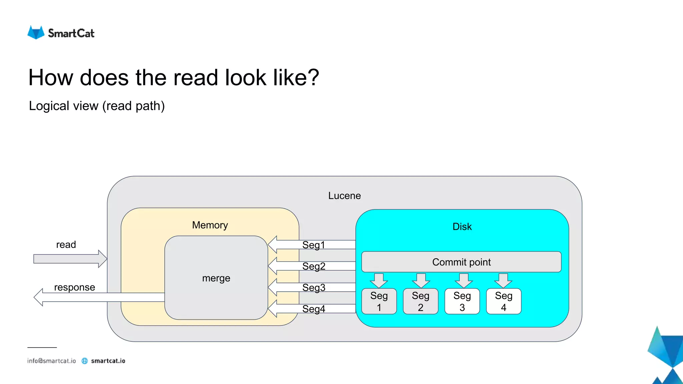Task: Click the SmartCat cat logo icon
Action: click(36, 33)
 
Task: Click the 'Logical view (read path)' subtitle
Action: click(97, 106)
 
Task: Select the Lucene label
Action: click(344, 196)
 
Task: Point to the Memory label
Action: click(210, 225)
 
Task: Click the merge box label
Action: click(216, 278)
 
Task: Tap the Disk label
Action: click(462, 227)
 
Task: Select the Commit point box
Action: click(461, 262)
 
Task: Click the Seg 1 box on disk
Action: click(379, 301)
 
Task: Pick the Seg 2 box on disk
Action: click(421, 301)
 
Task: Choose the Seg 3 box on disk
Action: click(462, 301)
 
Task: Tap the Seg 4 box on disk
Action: click(504, 301)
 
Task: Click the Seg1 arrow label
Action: click(313, 245)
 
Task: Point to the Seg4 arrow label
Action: click(313, 309)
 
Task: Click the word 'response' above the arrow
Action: click(74, 287)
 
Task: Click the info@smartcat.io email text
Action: click(51, 361)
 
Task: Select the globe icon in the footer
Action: click(85, 361)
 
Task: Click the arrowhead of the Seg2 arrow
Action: click(273, 266)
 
